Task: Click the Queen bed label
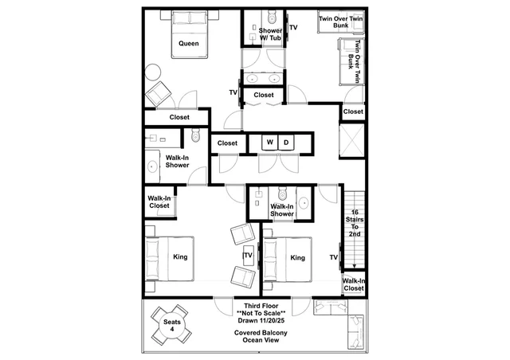coord(189,44)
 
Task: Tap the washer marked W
coord(270,143)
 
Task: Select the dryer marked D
coord(286,143)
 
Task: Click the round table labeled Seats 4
coord(171,325)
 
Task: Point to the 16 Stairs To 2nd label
coord(355,223)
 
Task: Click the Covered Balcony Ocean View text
coord(261,336)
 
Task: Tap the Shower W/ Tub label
coord(270,34)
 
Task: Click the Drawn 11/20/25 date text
coord(261,320)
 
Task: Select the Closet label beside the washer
coord(227,143)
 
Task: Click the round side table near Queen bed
coord(152,72)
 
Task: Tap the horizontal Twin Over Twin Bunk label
coord(340,22)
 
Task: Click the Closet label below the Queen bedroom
coord(179,117)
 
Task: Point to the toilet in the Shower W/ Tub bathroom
coord(271,15)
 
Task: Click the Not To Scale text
coord(261,313)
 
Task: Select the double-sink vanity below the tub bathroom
coord(263,78)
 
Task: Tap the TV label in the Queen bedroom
coord(233,92)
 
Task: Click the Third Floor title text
coord(261,306)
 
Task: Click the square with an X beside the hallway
coord(352,140)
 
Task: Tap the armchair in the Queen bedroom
coord(159,94)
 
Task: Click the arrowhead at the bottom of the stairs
coord(355,266)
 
